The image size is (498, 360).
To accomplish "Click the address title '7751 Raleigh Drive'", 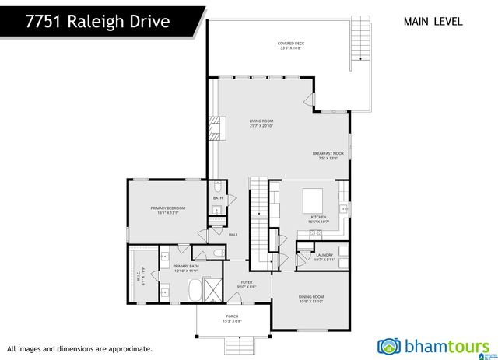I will point(96,21).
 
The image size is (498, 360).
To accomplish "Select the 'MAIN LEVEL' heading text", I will point(433,21).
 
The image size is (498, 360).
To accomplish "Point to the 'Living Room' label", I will point(261,123).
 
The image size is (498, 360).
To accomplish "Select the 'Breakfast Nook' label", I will point(328,156).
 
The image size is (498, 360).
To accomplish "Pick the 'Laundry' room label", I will point(324,257).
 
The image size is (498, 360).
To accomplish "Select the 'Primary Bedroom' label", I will point(165,211).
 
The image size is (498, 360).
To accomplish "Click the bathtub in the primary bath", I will point(192,291).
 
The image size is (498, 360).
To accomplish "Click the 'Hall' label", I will point(233,235).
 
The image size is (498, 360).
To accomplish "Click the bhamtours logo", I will point(433,345).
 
